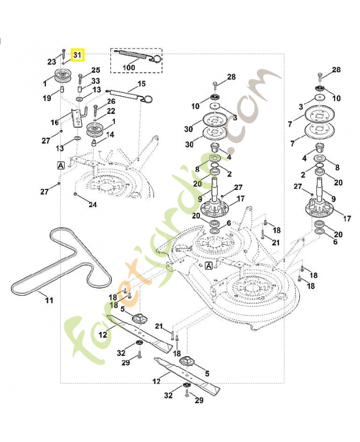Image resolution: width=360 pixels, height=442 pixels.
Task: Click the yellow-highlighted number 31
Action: pos(77,55)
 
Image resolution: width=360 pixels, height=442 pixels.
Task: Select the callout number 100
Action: pos(129,67)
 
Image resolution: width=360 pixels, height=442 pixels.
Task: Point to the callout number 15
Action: pos(141,83)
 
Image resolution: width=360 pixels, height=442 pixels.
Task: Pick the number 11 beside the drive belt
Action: pos(49,301)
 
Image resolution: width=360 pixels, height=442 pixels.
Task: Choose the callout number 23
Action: pos(52,61)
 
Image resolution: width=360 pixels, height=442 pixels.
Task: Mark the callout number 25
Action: pos(96,70)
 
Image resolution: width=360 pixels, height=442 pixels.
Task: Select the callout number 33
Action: pos(96,81)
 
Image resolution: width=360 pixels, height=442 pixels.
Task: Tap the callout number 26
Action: pos(111,101)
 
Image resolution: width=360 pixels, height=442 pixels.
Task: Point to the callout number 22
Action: pos(111,111)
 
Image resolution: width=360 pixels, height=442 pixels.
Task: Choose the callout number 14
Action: pos(110,134)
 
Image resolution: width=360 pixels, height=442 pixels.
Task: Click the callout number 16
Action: pos(55,122)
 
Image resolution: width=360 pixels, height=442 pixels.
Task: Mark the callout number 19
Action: pos(47,98)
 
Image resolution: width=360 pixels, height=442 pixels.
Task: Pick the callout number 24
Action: pos(93,205)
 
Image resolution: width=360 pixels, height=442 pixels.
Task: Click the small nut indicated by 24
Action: pos(75,195)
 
